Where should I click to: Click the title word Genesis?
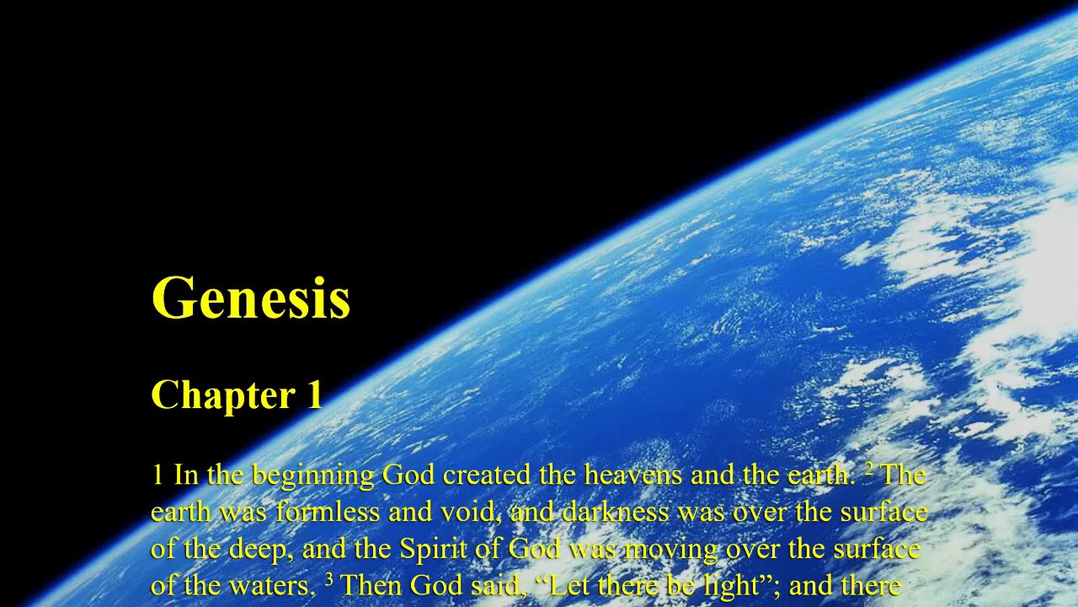(250, 298)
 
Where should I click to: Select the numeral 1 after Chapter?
(313, 395)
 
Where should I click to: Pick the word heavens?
(634, 475)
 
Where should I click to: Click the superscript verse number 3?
(330, 579)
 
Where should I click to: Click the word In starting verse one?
(185, 475)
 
